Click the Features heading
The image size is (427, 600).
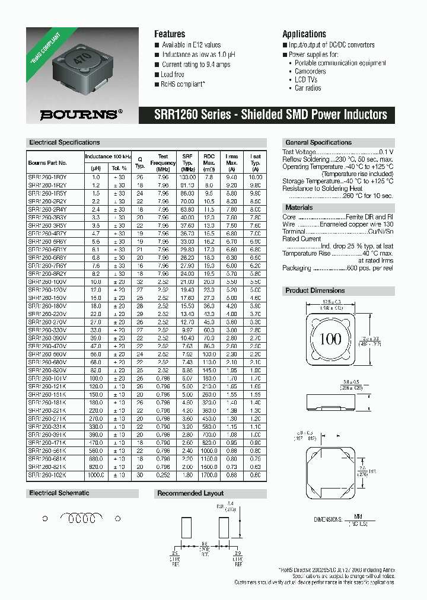click(170, 34)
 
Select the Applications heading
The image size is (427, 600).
click(304, 34)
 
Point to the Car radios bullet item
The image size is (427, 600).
click(308, 88)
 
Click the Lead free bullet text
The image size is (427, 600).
click(173, 74)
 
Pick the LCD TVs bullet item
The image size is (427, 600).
click(306, 79)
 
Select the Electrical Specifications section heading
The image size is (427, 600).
click(64, 142)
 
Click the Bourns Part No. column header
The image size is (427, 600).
click(47, 162)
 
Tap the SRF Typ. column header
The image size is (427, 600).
click(187, 162)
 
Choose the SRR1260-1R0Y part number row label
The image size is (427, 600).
click(47, 177)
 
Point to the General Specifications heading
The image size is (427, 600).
click(318, 142)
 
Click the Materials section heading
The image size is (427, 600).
click(299, 208)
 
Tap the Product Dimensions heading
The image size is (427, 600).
click(315, 291)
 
